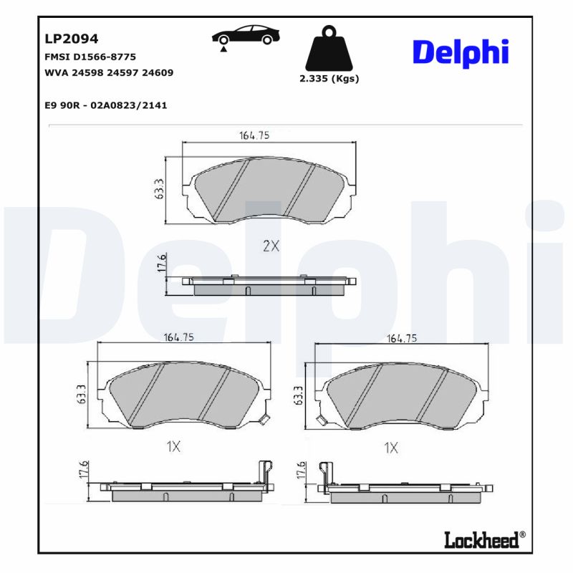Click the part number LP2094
72,39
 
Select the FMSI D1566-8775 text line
90,57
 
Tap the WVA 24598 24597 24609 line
109,72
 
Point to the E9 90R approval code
106,105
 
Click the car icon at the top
245,37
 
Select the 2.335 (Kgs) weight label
329,79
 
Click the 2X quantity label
270,246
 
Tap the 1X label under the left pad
173,447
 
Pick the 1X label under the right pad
390,447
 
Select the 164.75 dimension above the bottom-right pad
402,338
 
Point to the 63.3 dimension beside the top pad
160,189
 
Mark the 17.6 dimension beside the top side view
162,263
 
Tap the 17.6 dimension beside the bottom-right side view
301,470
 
